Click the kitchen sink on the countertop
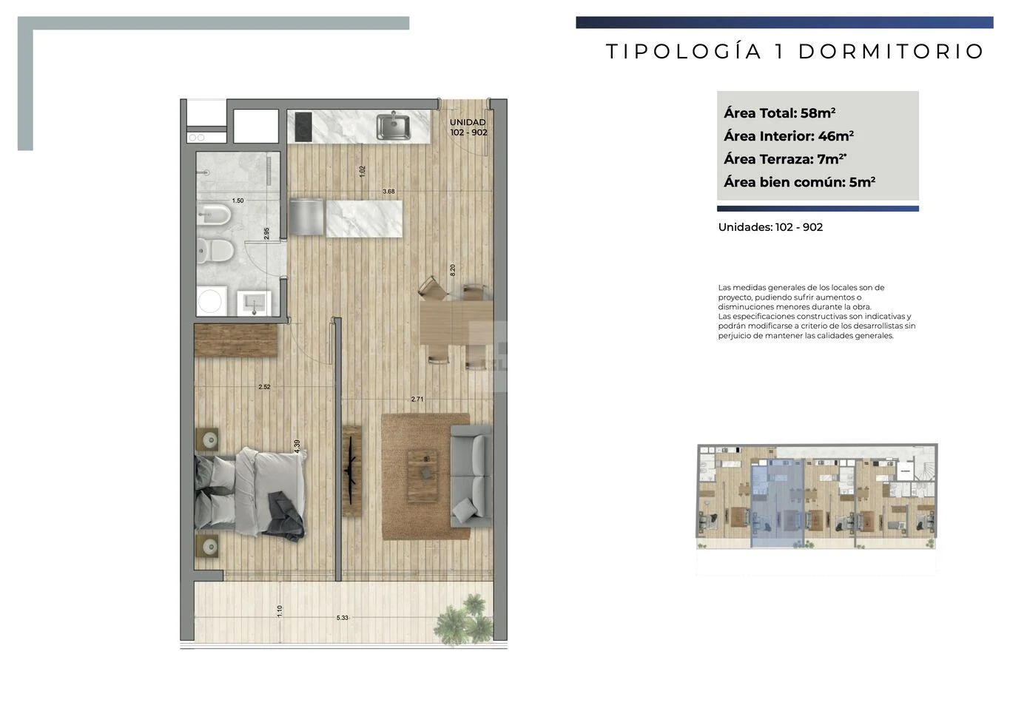[394, 127]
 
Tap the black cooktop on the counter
[303, 127]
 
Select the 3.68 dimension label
[388, 191]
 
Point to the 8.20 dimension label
[453, 270]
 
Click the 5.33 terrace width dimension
[343, 618]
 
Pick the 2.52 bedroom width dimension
[264, 387]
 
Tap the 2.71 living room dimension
[417, 399]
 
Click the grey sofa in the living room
[471, 476]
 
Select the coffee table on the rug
[422, 476]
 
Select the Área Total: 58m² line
[780, 112]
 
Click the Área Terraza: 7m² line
[785, 158]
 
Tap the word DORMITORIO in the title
[891, 51]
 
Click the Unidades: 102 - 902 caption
[770, 227]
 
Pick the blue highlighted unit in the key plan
[777, 503]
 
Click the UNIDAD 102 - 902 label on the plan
[468, 127]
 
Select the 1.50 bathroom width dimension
[238, 201]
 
